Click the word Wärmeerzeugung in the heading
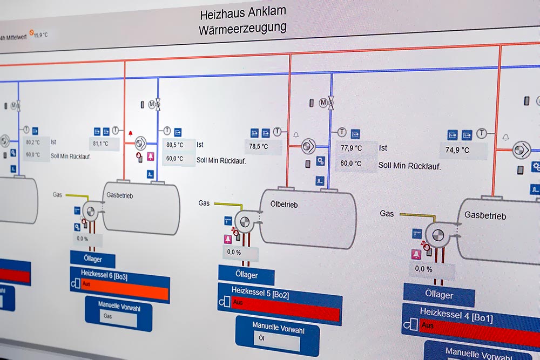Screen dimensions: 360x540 pos(242,28)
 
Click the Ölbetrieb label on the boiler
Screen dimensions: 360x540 pos(283,205)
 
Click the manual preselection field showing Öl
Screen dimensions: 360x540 pos(276,339)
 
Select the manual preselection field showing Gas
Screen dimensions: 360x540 pos(117,317)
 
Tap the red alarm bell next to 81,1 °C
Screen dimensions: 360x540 pos(130,133)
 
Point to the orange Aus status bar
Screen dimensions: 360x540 pos(125,293)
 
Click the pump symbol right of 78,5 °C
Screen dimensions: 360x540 pos(309,146)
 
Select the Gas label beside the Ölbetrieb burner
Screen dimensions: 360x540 pos(204,203)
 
